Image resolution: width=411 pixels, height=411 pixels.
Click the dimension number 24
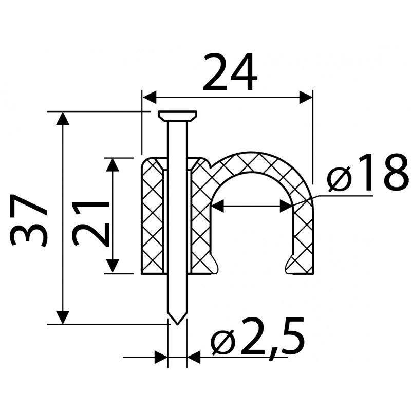point(230,71)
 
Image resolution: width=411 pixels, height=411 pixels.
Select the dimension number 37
point(29,220)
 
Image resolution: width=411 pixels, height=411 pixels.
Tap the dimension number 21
point(91,223)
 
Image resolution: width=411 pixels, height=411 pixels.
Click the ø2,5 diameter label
point(258,337)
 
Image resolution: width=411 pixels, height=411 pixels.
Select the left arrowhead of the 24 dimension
point(150,97)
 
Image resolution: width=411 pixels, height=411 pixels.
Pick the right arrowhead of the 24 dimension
point(306,97)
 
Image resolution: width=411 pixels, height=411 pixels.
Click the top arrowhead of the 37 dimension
point(63,119)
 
